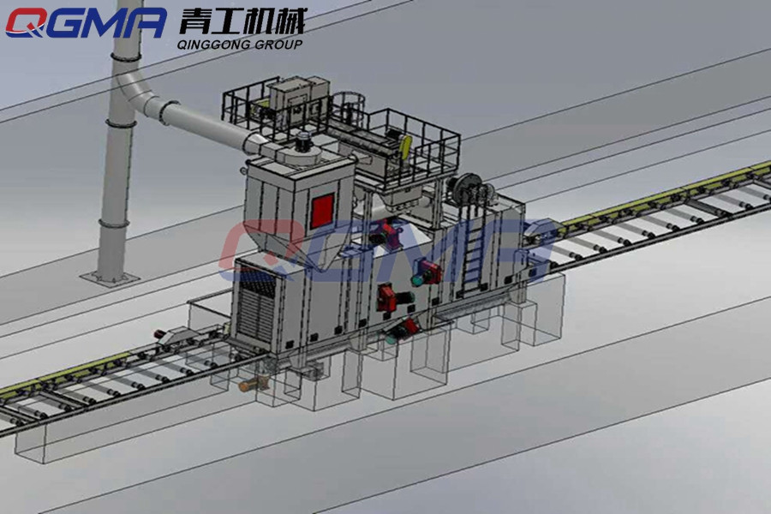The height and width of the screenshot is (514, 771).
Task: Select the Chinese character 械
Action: (x=290, y=21)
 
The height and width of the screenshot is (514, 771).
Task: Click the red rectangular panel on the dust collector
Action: (x=323, y=211)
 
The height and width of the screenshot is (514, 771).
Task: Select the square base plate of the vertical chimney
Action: (x=111, y=278)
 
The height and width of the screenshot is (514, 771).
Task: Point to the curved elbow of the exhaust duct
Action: (x=137, y=94)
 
